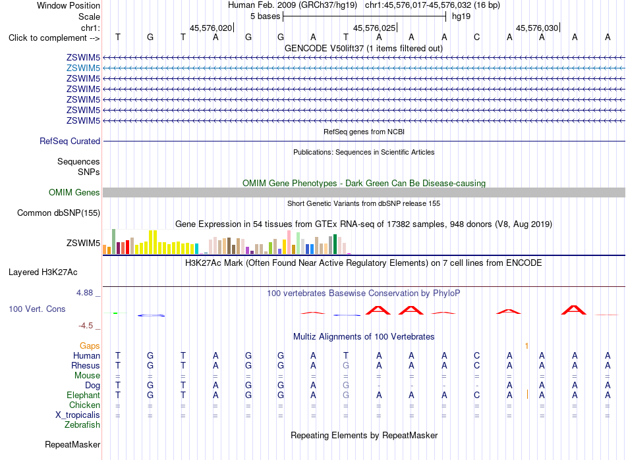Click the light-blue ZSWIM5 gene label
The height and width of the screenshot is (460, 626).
83,68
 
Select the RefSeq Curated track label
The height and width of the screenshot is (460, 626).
70,141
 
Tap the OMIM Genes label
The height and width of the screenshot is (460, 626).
74,193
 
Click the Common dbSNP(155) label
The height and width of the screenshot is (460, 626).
59,213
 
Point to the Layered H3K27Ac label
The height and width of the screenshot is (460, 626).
43,272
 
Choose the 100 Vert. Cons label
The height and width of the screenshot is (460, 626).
37,309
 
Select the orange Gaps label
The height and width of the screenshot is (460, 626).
90,345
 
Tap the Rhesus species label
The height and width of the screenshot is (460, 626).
86,365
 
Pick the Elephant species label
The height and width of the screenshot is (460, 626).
84,395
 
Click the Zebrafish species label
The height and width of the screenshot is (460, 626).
82,425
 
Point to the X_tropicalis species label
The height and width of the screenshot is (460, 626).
78,415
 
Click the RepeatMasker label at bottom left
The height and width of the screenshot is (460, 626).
72,444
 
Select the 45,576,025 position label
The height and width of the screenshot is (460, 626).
374,28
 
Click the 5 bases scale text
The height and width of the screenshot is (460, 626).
266,16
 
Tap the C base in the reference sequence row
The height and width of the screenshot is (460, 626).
476,37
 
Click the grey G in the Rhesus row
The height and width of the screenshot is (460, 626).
346,365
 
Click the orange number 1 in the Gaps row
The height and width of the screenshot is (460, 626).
527,346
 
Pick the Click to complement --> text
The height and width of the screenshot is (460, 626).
54,38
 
